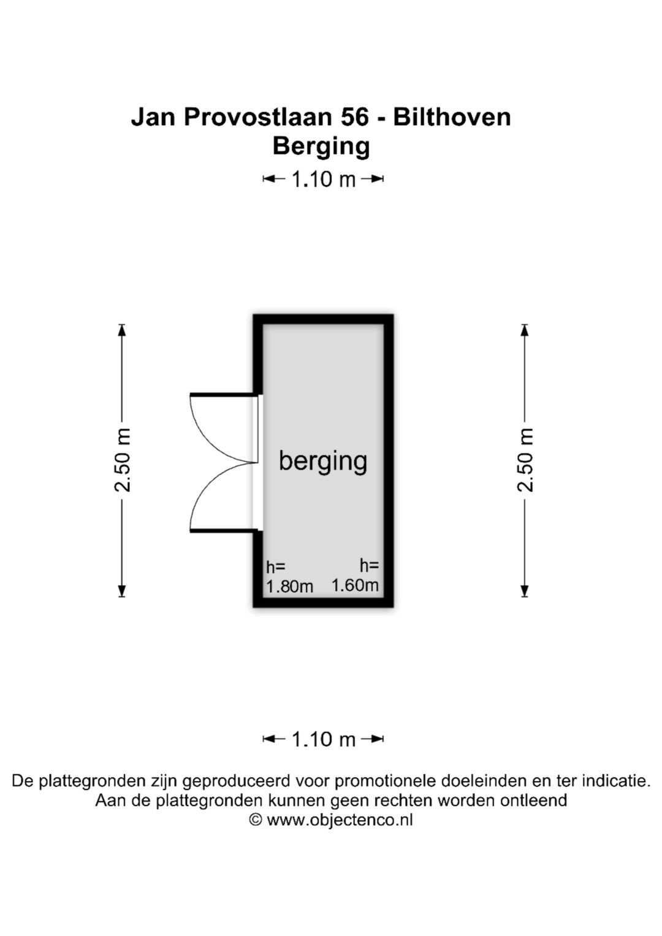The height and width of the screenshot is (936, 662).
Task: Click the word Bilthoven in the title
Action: tap(452, 116)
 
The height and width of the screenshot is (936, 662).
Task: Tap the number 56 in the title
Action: tap(355, 116)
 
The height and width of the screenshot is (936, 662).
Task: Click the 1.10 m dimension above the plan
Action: tap(323, 179)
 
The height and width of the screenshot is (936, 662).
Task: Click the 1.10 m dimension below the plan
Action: tap(323, 739)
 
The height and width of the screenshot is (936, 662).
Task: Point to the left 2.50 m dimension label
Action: tap(123, 460)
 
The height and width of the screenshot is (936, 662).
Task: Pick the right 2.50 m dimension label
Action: tap(526, 460)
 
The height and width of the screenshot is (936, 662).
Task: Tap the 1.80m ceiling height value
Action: tap(289, 587)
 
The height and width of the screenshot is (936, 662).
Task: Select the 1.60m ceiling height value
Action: tap(356, 585)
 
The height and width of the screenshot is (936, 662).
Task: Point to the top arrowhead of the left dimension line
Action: tap(121, 330)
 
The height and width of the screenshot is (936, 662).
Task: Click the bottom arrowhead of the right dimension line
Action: tap(525, 590)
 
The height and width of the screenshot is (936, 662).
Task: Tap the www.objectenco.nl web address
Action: tap(340, 820)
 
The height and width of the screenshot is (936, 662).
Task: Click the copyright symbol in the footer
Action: tap(256, 820)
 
